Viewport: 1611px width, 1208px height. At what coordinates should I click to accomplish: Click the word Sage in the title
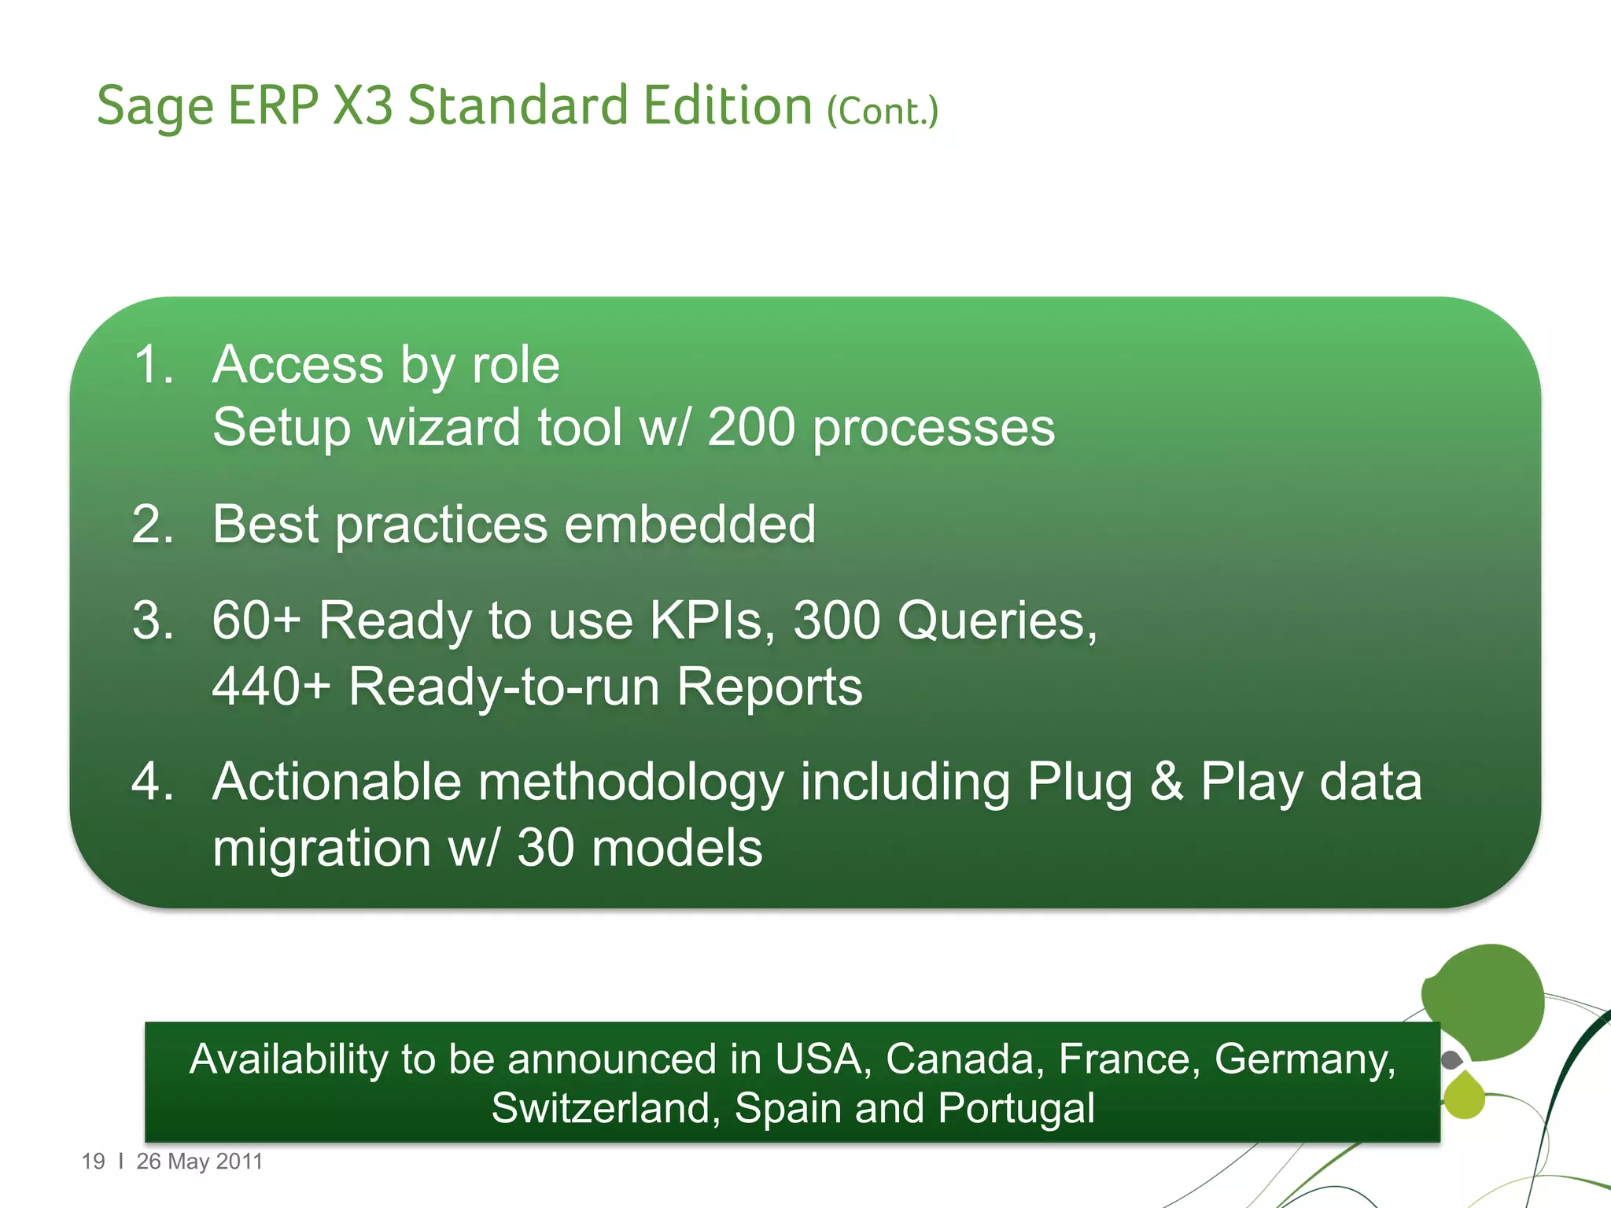coord(155,106)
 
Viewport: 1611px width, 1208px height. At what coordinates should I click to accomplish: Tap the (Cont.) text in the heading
coord(882,112)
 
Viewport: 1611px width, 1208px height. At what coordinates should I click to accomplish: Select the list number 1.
coord(153,365)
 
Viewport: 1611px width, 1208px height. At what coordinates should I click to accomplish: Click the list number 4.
coord(153,782)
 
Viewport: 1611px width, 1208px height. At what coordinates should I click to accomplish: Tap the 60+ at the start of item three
coord(256,621)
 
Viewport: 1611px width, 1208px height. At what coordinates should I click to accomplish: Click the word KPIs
coord(712,621)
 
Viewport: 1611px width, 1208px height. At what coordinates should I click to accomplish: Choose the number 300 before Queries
coord(835,621)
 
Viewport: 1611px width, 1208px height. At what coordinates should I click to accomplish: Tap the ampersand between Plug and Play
coord(1167,782)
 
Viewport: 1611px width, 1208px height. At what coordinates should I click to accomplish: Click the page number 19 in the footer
coord(93,1162)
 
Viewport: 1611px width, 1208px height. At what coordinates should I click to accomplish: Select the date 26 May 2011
coord(199,1162)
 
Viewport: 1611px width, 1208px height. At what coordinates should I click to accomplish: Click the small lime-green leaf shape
coord(1465,1096)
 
